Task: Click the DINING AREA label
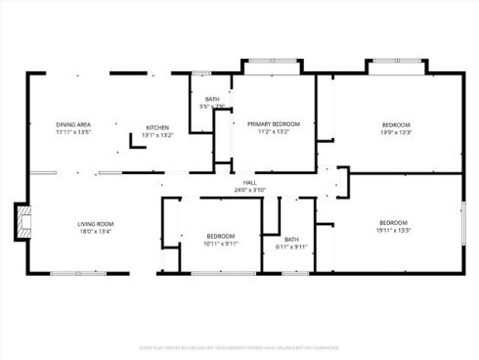tap(73, 124)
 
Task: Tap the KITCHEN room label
tap(157, 127)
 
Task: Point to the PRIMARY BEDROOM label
tap(273, 123)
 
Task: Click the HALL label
tap(250, 182)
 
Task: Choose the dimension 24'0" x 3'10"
tap(250, 190)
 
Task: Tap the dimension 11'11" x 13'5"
tap(73, 132)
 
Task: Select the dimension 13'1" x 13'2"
tap(157, 135)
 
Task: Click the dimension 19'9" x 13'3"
tap(395, 132)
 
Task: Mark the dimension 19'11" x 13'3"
tap(393, 231)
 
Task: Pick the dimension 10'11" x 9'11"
tap(221, 245)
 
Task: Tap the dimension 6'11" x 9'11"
tap(291, 247)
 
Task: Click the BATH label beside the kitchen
tap(212, 99)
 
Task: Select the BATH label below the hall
tap(291, 240)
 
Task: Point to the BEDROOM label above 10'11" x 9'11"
tap(221, 237)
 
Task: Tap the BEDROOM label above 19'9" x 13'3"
tap(395, 124)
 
